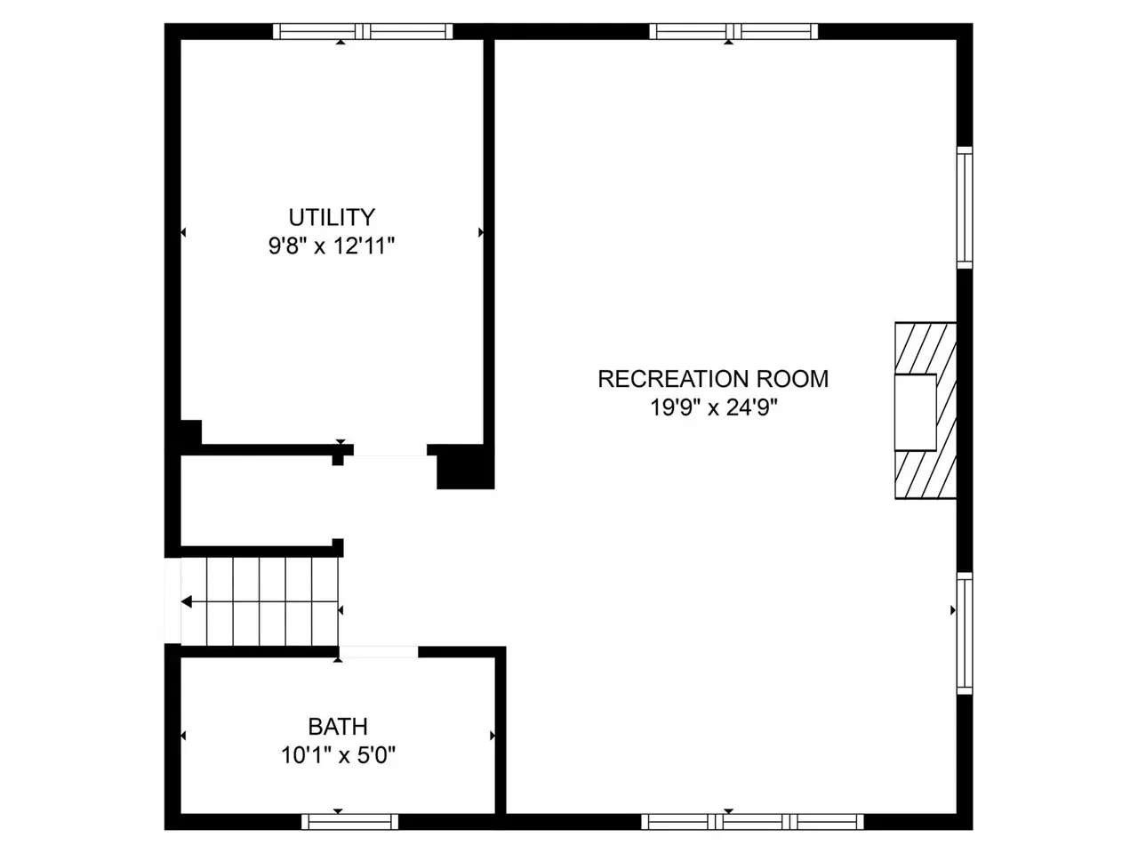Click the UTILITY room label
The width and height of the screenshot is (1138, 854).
pos(332,217)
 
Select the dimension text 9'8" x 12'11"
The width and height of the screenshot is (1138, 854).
pos(332,246)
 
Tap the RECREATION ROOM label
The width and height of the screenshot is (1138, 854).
pos(713,379)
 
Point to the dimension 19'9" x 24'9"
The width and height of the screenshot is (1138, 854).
pos(714,407)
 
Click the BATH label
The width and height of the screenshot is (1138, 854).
pos(338,727)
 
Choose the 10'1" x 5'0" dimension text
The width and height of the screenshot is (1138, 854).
pos(338,755)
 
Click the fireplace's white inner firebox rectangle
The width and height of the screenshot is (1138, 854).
pos(916,412)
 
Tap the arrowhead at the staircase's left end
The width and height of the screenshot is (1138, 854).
pos(187,602)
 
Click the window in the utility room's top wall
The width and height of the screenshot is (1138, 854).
pos(363,31)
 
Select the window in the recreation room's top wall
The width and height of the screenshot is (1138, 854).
pos(733,31)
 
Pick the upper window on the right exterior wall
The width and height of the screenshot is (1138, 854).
pos(965,207)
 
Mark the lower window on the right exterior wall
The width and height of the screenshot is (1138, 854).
pos(965,633)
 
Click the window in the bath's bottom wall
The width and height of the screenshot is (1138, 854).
pos(350,822)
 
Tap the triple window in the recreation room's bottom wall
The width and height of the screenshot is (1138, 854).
pos(752,822)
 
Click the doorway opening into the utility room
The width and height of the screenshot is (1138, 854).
pos(390,450)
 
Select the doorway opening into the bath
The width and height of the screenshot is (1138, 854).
pos(379,652)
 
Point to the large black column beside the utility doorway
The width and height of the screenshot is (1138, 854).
pos(465,467)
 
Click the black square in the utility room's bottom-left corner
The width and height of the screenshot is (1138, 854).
pos(190,432)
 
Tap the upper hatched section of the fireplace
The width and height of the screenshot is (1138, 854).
pos(926,349)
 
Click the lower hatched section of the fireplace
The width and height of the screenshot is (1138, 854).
pos(926,474)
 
